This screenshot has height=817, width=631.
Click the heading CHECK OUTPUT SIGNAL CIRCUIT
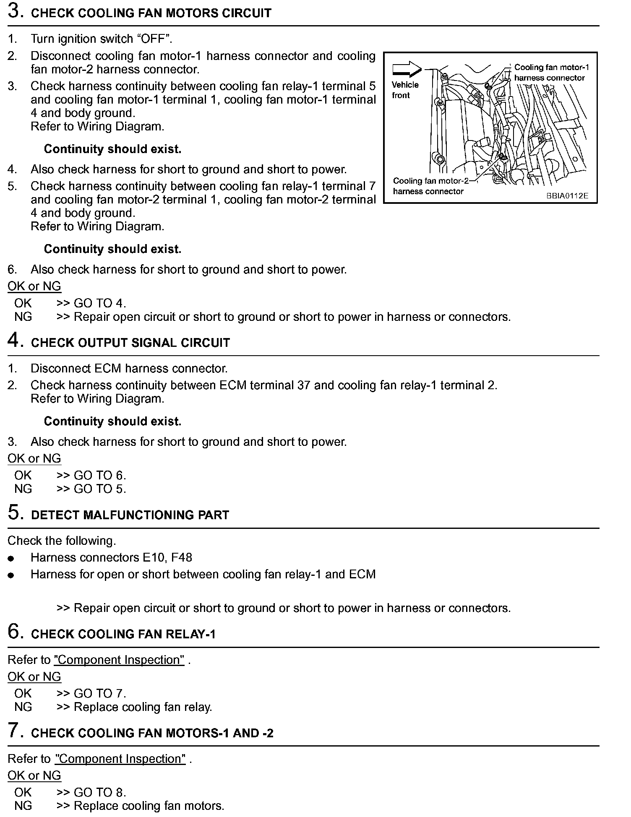click(x=130, y=343)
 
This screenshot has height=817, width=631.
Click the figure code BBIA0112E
click(x=567, y=195)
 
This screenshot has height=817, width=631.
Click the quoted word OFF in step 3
click(x=154, y=39)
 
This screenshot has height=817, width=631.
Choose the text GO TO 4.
click(x=100, y=303)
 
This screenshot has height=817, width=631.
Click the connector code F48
click(x=181, y=557)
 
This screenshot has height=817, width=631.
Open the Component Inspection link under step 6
click(x=119, y=660)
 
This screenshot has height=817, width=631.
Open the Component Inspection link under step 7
click(x=120, y=759)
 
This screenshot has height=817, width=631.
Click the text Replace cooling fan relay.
click(x=143, y=707)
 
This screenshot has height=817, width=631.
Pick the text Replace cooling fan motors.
click(x=149, y=806)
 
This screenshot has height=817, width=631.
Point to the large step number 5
click(x=14, y=513)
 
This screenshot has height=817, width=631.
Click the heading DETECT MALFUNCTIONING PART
click(x=130, y=515)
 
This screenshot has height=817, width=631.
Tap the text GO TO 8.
click(x=100, y=792)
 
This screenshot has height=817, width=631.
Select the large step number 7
click(x=14, y=731)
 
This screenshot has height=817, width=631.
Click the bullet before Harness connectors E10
click(x=11, y=558)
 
